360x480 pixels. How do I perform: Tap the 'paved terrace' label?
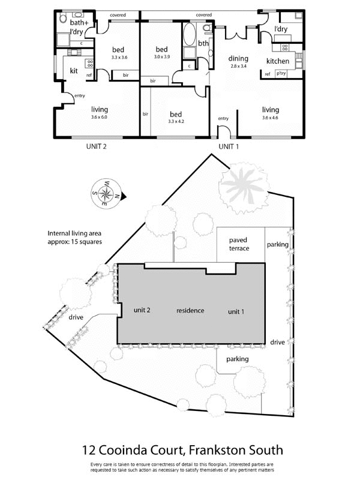point(238,244)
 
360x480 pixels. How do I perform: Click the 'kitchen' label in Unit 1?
point(278,61)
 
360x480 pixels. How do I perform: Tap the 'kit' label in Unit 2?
point(74,71)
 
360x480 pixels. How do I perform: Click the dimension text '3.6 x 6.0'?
point(100,118)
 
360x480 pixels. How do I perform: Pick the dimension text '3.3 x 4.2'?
point(176,122)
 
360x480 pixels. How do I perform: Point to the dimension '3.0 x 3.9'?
point(161,57)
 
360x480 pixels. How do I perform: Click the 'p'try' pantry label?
point(280,74)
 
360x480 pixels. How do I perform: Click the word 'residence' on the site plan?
point(190,311)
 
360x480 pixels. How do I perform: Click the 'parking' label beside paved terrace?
point(278,245)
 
